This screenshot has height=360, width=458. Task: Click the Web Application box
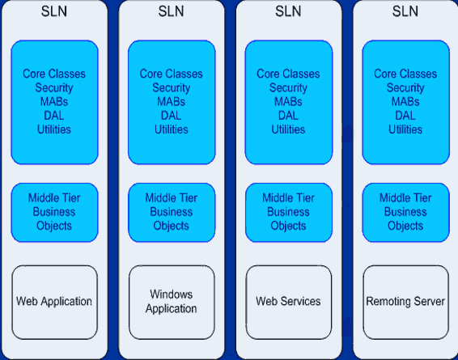(x=55, y=303)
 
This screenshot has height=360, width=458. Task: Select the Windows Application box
(x=172, y=303)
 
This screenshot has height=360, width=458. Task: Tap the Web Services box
(x=289, y=303)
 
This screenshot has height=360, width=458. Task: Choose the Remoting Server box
(x=405, y=303)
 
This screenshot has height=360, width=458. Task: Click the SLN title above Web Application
(x=54, y=11)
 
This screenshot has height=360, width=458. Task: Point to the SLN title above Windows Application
(x=172, y=11)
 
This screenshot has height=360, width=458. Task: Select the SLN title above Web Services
(x=288, y=11)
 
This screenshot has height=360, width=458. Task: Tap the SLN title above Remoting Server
(x=405, y=11)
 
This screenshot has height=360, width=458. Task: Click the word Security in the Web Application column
(x=54, y=88)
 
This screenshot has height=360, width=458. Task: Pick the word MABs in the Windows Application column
(x=172, y=102)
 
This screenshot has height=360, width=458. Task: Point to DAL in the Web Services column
(x=288, y=116)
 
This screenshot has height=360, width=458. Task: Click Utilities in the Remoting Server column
(x=405, y=129)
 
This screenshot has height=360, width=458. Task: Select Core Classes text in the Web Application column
(x=54, y=74)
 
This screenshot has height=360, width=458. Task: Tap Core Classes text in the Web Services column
(x=288, y=74)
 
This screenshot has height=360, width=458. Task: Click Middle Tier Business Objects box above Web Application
(x=55, y=213)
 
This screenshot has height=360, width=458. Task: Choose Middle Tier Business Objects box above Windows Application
(x=172, y=213)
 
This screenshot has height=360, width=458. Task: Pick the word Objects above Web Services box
(x=288, y=226)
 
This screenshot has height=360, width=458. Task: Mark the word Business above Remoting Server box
(x=405, y=212)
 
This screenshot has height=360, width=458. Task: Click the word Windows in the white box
(x=172, y=294)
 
